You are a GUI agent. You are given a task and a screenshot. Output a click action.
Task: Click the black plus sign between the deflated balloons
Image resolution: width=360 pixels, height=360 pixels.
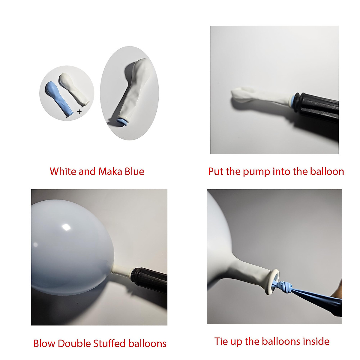79,112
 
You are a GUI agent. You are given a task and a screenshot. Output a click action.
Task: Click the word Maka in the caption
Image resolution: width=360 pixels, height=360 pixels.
110,171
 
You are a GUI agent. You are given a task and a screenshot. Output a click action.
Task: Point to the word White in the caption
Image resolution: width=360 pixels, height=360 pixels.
63,171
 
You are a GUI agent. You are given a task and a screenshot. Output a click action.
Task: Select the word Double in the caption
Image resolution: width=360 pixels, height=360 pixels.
74,343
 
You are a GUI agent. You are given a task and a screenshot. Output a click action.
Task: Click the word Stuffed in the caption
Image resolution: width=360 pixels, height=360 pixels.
109,343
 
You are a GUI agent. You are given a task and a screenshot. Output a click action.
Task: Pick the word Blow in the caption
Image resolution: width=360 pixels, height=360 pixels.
44,343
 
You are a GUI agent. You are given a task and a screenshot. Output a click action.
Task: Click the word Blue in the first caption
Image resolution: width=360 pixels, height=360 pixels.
134,171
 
